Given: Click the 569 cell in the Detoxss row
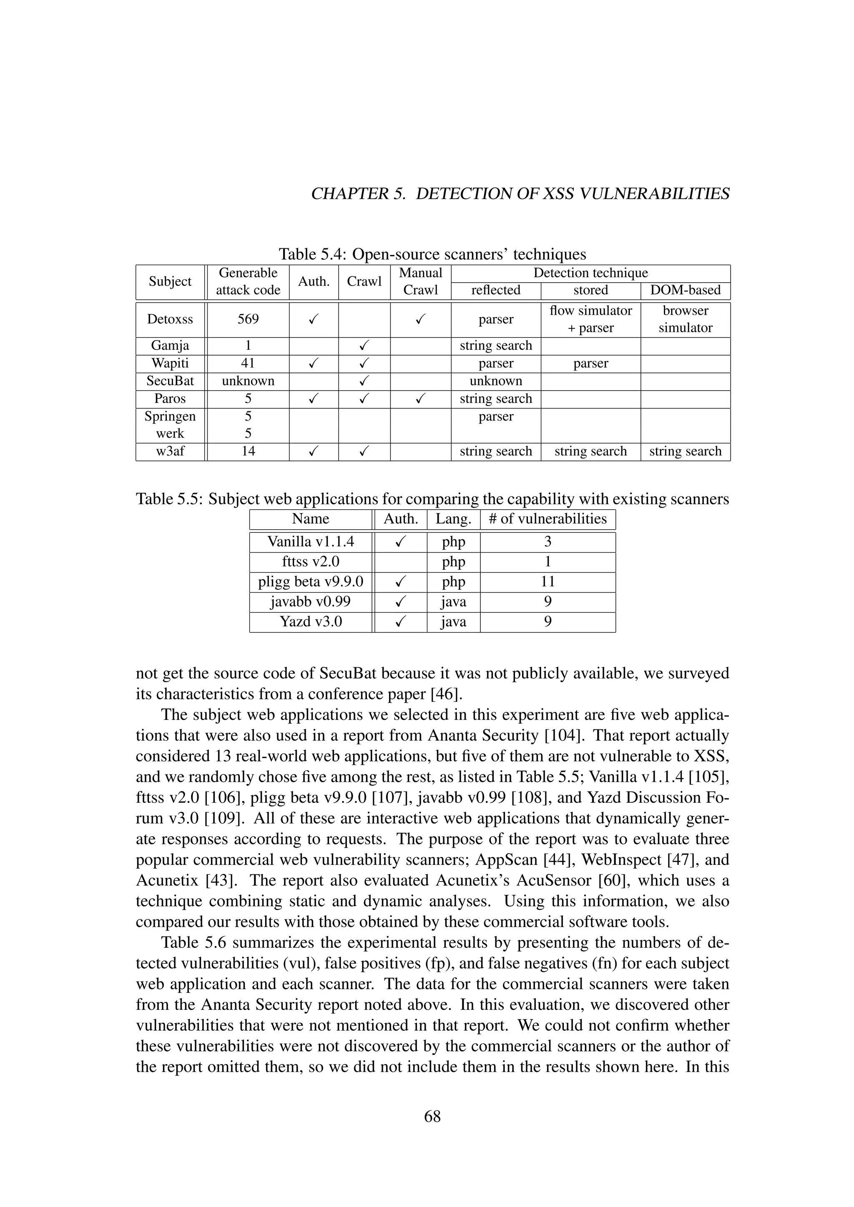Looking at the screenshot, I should coord(248,319).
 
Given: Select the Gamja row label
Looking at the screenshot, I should coord(170,346).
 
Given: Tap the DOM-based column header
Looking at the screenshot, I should coord(685,290).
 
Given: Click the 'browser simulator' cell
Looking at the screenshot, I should coord(685,319).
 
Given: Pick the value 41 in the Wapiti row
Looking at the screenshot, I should coord(248,363).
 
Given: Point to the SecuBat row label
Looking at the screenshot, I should coord(170,381).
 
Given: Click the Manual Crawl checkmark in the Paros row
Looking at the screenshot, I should coord(420,399).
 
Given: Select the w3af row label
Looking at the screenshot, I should coord(170,451).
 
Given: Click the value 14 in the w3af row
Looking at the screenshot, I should coord(248,451).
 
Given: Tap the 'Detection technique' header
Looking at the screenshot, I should coord(590,273).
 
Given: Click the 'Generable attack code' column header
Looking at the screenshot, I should coord(248,281).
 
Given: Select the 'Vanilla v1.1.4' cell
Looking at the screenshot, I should coord(310,541).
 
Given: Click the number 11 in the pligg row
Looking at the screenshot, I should coord(548,581).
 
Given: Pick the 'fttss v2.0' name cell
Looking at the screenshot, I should coord(310,561).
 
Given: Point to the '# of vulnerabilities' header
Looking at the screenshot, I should coord(548,519).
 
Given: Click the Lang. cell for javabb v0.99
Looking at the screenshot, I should coord(453,601).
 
